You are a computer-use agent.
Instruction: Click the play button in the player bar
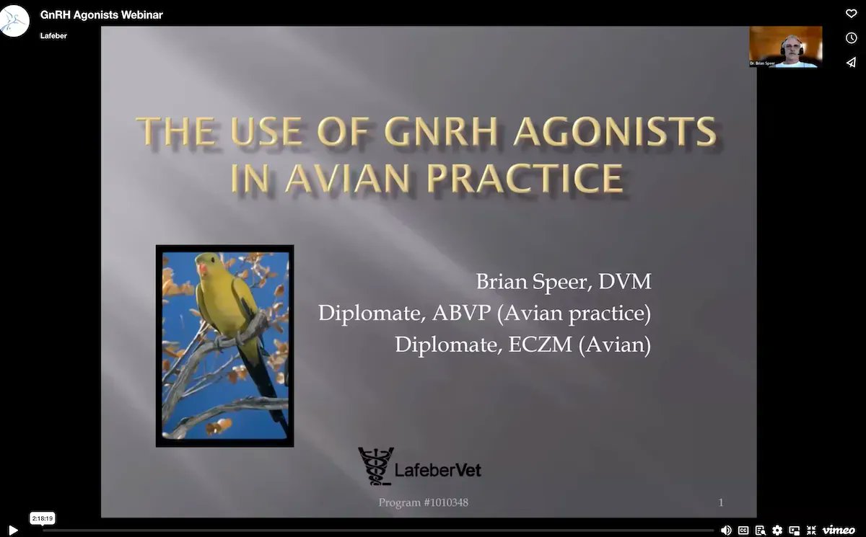point(12,530)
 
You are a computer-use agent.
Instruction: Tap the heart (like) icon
point(851,13)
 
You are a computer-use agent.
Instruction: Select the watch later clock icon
point(851,37)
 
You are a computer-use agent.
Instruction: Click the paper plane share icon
point(851,63)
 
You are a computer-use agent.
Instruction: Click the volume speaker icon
point(726,530)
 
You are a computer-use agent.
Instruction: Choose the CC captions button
point(743,530)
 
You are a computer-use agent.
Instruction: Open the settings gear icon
point(777,530)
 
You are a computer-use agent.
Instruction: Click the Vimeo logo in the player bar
point(839,530)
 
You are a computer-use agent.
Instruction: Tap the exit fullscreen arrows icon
point(811,530)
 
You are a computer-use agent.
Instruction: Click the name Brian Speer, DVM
point(563,281)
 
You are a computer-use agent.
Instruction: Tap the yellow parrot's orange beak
point(203,270)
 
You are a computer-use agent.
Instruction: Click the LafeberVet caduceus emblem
point(375,465)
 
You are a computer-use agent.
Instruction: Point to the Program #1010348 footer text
point(423,502)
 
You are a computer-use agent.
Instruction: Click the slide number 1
point(721,502)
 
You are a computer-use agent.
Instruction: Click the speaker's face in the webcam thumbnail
point(788,48)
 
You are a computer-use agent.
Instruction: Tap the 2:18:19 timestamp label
point(43,518)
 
